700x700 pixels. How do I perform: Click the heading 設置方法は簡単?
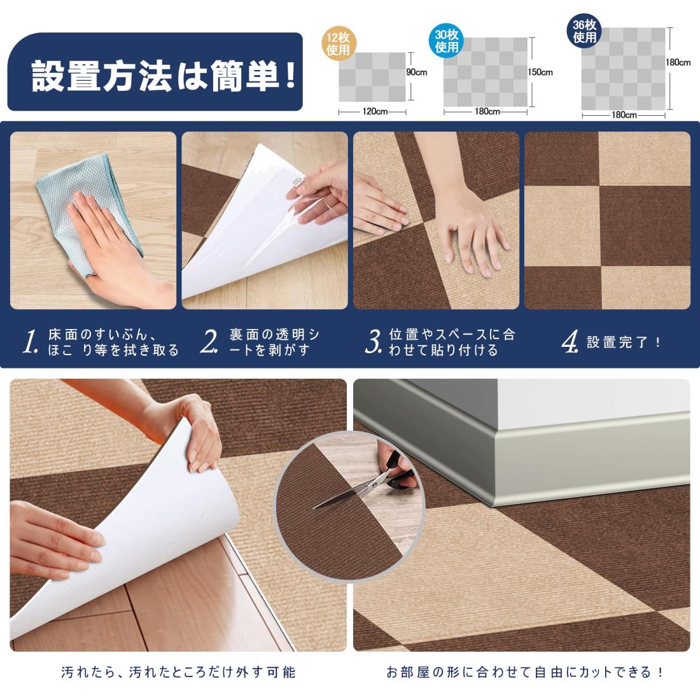pyautogui.click(x=164, y=76)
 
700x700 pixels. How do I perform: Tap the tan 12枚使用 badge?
pyautogui.click(x=338, y=43)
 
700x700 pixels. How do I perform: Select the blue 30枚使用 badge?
pyautogui.click(x=447, y=41)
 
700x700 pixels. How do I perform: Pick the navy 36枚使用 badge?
pyautogui.click(x=584, y=31)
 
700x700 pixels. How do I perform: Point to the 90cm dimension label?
pyautogui.click(x=417, y=73)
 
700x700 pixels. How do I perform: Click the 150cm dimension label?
pyautogui.click(x=540, y=73)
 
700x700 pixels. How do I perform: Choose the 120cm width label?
pyautogui.click(x=375, y=111)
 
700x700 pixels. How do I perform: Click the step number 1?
pyautogui.click(x=31, y=342)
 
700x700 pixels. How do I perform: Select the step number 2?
pyautogui.click(x=209, y=342)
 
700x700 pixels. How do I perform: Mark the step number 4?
pyautogui.click(x=570, y=342)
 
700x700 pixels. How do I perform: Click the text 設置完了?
pyautogui.click(x=624, y=342)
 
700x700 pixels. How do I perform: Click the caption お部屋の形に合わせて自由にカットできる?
pyautogui.click(x=524, y=672)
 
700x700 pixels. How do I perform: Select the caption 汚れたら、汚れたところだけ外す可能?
pyautogui.click(x=178, y=672)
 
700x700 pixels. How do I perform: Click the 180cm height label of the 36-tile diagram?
pyautogui.click(x=678, y=62)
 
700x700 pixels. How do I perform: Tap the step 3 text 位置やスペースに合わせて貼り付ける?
pyautogui.click(x=452, y=342)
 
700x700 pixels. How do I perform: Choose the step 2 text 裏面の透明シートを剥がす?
pyautogui.click(x=274, y=342)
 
